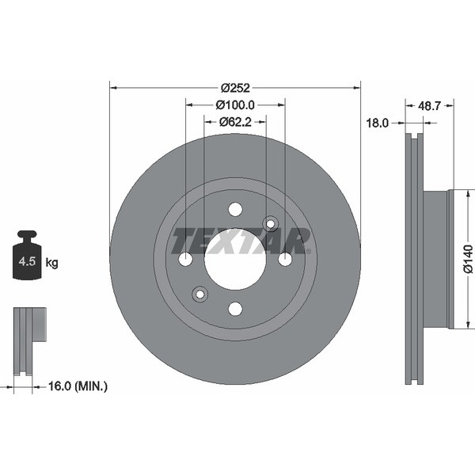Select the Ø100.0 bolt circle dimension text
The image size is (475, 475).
coord(235,104)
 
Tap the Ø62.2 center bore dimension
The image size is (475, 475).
coord(235,121)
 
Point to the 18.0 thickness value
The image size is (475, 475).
coord(377,123)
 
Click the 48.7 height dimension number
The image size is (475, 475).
coord(429,104)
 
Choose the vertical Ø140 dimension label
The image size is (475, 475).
coord(468,259)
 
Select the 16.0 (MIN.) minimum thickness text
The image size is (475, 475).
coord(78,386)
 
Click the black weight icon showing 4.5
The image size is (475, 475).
coord(28,256)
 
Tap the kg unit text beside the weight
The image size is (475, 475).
coord(51,261)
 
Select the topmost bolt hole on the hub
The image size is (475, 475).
coord(235,209)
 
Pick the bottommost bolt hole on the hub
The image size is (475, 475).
coord(235,309)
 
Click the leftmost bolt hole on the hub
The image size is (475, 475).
coord(186,259)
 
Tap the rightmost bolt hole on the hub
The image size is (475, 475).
coord(285,259)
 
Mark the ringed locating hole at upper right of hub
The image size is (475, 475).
coord(271,224)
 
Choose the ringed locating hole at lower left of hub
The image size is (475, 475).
coord(199,294)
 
